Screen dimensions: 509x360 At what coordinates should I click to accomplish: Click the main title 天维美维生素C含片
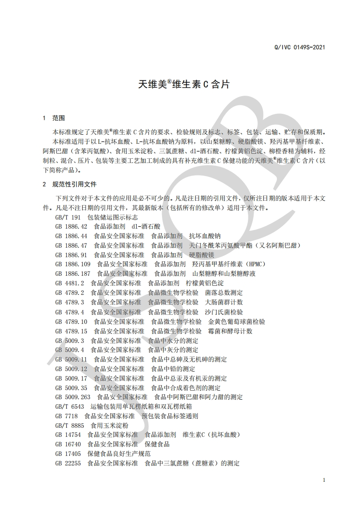pyautogui.click(x=183, y=84)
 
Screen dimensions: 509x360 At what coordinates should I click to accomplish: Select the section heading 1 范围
pyautogui.click(x=54, y=118)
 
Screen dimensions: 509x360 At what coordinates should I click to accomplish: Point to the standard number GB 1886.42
pyautogui.click(x=71, y=226)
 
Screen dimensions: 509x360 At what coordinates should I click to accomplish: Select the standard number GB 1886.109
pyautogui.click(x=73, y=264)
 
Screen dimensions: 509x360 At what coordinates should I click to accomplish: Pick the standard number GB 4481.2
pyautogui.click(x=69, y=283)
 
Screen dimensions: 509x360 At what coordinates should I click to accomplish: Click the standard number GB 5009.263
pyautogui.click(x=73, y=397)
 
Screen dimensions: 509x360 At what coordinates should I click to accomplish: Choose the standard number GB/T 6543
pyautogui.click(x=69, y=406)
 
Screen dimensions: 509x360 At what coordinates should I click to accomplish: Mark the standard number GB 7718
pyautogui.click(x=66, y=416)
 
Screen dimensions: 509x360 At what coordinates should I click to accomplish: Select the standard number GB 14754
pyautogui.click(x=68, y=435)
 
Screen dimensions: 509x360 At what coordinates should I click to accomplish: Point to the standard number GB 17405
pyautogui.click(x=68, y=454)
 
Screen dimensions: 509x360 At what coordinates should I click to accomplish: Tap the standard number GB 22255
pyautogui.click(x=68, y=463)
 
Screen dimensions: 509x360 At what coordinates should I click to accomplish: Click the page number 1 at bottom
pyautogui.click(x=324, y=480)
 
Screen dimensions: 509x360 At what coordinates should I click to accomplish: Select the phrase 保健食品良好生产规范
pyautogui.click(x=119, y=454)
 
